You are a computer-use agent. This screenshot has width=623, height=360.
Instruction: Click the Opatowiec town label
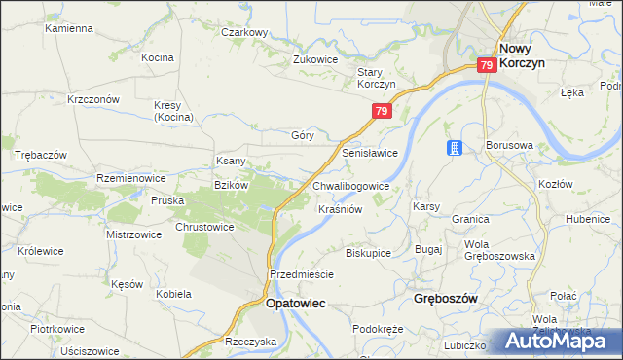pyautogui.click(x=296, y=304)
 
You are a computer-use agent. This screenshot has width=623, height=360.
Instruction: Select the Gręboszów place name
pyautogui.click(x=445, y=299)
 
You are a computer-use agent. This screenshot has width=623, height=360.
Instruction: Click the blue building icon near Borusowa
pyautogui.click(x=454, y=148)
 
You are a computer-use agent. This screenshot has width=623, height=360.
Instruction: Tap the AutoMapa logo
pyautogui.click(x=560, y=341)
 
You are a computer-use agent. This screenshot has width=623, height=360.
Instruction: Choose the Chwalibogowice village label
pyautogui.click(x=351, y=185)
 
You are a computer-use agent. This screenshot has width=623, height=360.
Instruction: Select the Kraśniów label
pyautogui.click(x=341, y=209)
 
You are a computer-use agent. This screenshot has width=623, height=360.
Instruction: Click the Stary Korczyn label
pyautogui.click(x=376, y=78)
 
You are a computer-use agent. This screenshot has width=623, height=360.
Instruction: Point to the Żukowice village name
pyautogui.click(x=315, y=58)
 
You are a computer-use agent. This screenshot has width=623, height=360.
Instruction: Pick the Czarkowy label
pyautogui.click(x=244, y=32)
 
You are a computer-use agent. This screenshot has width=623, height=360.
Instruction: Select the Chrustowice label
pyautogui.click(x=204, y=227)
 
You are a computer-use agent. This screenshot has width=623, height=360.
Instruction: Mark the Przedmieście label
pyautogui.click(x=302, y=274)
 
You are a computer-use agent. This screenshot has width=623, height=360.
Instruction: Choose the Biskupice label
pyautogui.click(x=368, y=252)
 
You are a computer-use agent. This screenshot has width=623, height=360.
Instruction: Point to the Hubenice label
pyautogui.click(x=589, y=219)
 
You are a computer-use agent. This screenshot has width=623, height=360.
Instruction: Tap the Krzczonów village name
pyautogui.click(x=93, y=99)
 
